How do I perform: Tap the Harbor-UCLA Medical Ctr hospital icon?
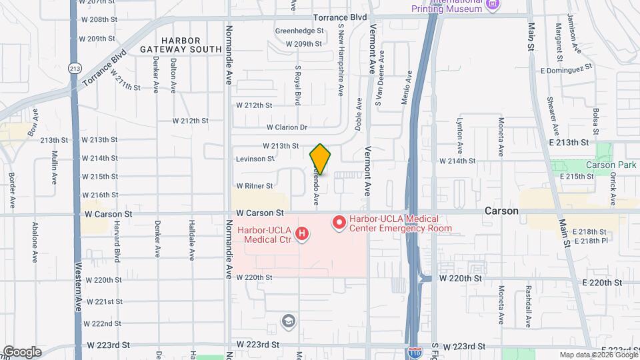(x=302, y=233)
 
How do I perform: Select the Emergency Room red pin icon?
(x=339, y=222)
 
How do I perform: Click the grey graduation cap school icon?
(x=288, y=321)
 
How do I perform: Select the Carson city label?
(x=502, y=211)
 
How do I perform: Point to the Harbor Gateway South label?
(x=181, y=43)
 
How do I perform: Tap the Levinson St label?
(x=255, y=159)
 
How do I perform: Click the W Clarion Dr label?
(x=287, y=127)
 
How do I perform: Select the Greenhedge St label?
(x=299, y=30)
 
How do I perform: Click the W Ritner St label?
(x=255, y=186)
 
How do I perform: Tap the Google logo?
(x=22, y=352)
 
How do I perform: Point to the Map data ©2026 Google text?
(x=597, y=355)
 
